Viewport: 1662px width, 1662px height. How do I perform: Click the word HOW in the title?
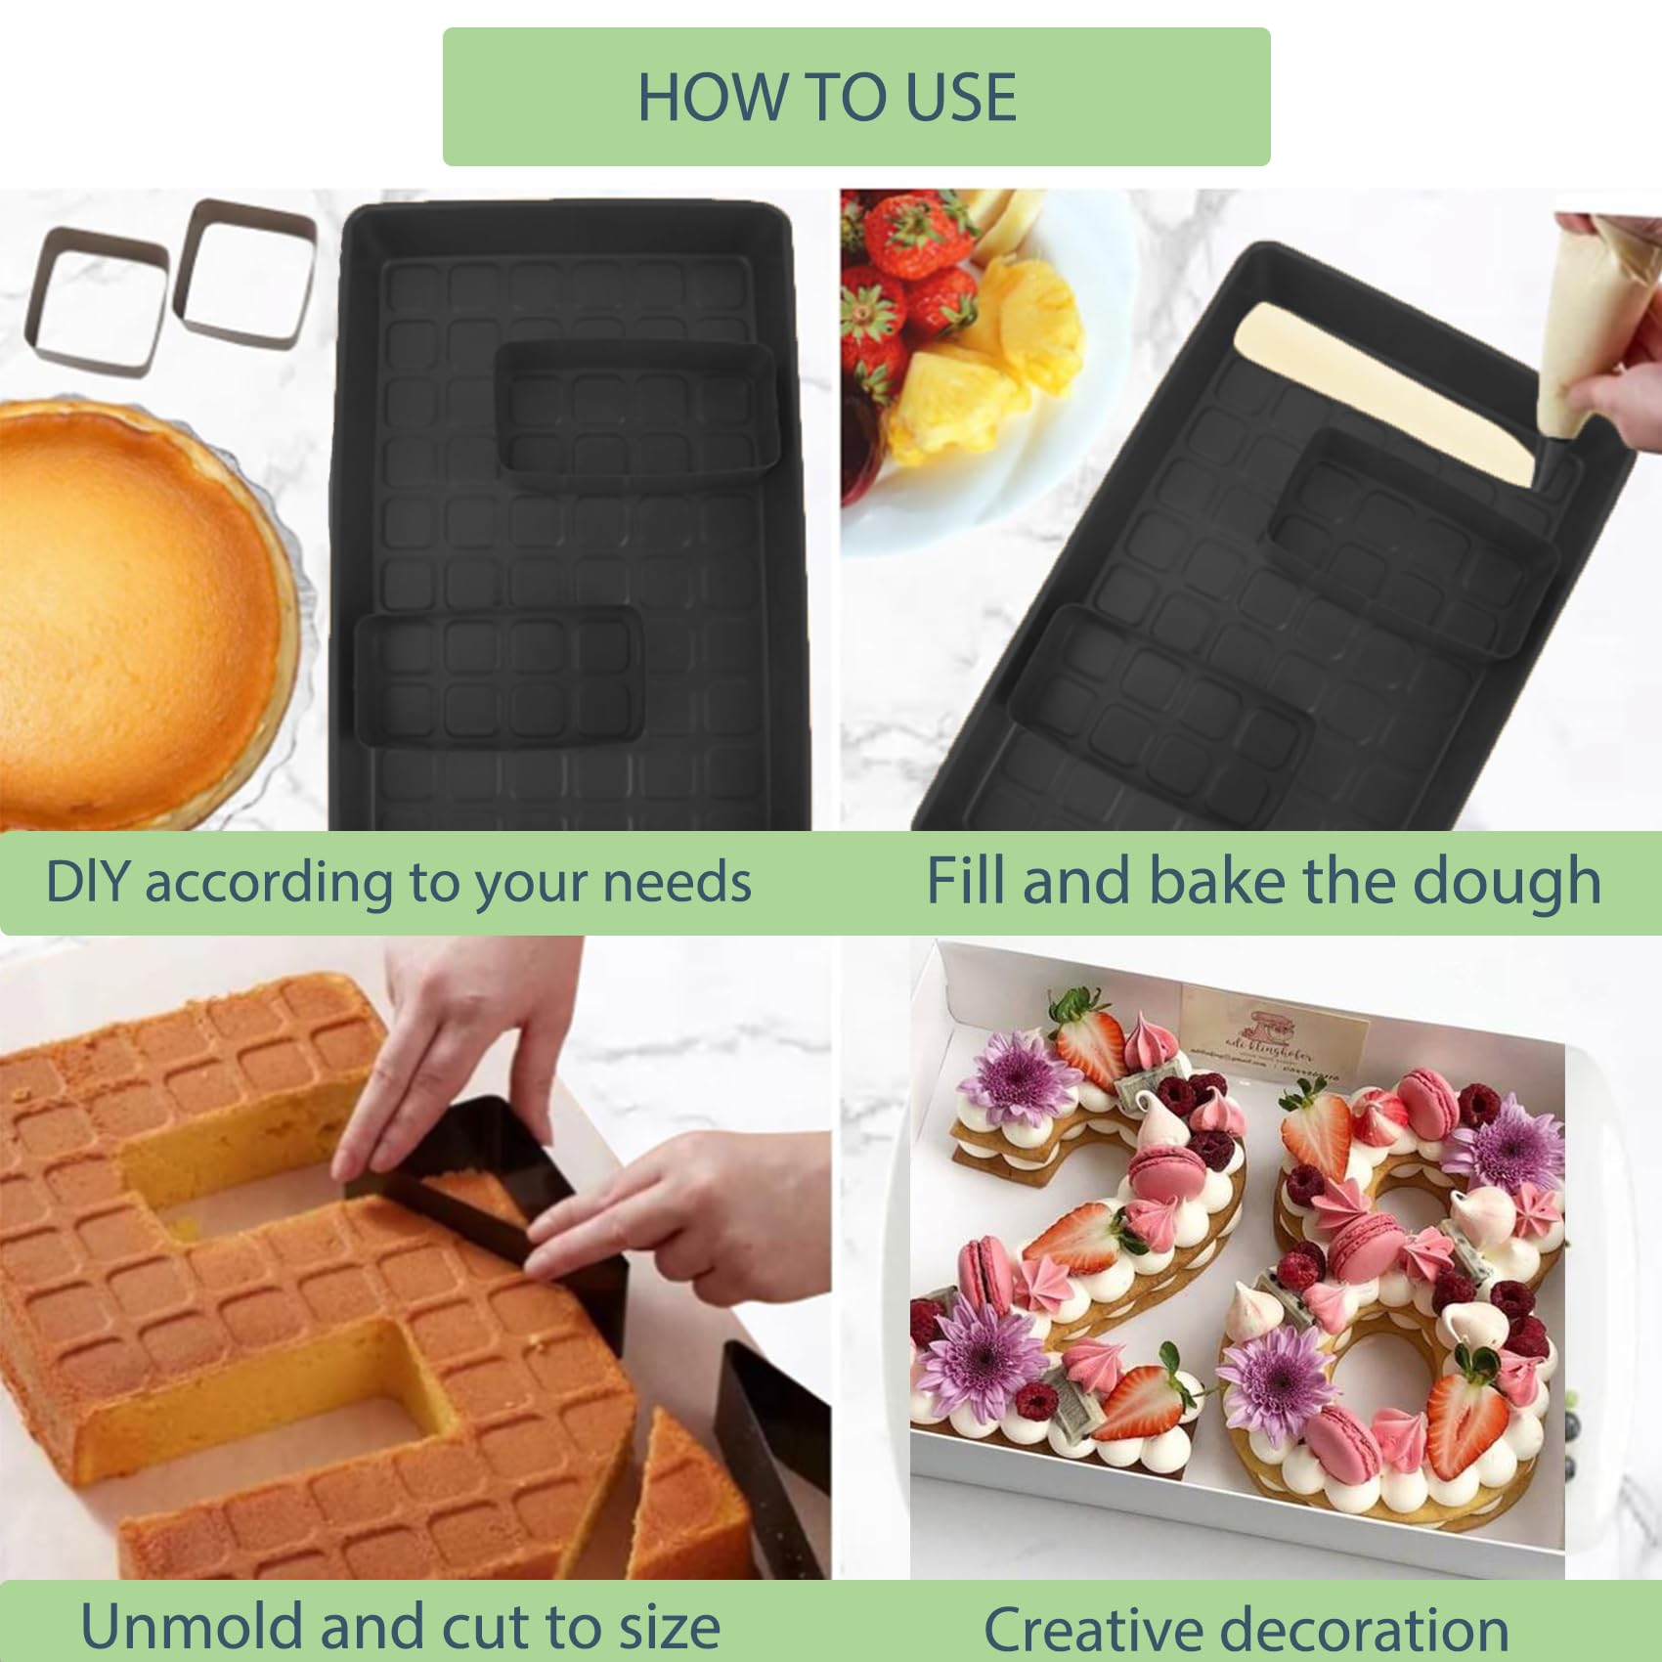(x=713, y=97)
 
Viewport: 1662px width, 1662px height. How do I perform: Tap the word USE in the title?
(x=961, y=97)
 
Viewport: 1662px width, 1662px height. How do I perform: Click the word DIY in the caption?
(x=86, y=882)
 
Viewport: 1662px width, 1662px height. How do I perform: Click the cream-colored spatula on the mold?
(x=1388, y=391)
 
